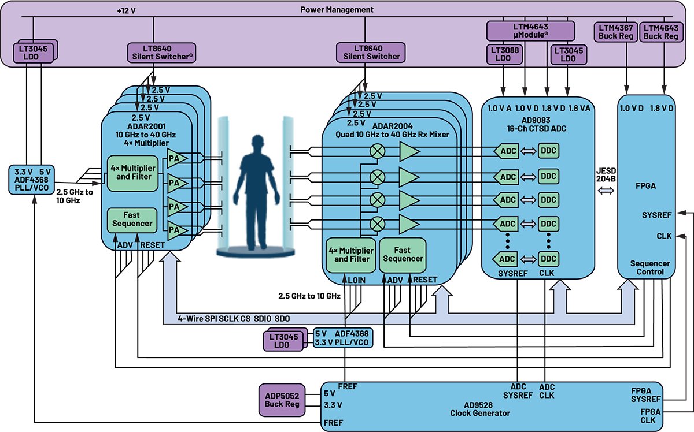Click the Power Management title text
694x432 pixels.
(x=337, y=10)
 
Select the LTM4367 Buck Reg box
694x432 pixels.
(x=616, y=32)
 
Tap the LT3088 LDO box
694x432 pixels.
(x=504, y=54)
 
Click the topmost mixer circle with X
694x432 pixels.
(x=378, y=151)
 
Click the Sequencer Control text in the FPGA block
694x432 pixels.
(x=650, y=267)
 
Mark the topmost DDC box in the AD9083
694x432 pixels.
(x=548, y=151)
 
